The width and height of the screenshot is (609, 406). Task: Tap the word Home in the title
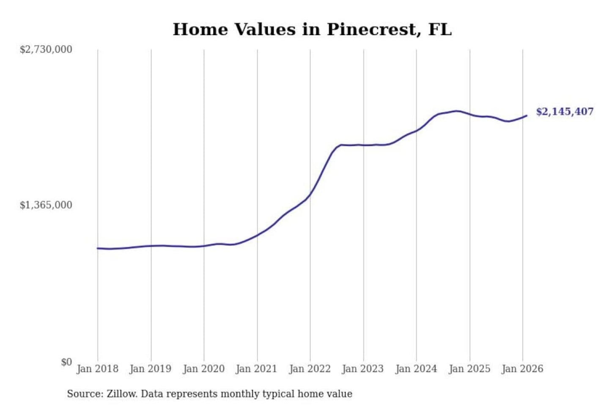200,30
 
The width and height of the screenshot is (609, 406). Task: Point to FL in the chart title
440,30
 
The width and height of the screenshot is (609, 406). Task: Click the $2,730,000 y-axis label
46,49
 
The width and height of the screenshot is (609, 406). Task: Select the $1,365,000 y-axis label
46,205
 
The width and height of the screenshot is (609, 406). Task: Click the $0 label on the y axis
66,362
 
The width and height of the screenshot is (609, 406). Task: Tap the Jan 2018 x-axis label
97,369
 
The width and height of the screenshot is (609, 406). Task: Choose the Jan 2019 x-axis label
150,369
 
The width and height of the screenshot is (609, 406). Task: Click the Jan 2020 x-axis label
203,369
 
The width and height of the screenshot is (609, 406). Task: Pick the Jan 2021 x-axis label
256,369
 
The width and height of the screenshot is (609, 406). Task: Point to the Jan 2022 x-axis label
310,369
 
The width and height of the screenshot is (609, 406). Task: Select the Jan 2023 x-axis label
362,369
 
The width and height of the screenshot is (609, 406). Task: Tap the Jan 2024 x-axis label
416,369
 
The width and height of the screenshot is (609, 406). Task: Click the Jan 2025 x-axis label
469,369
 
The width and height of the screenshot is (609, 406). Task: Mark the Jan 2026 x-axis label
522,369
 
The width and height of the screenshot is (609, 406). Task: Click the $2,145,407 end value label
565,112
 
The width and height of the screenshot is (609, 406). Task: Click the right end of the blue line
527,115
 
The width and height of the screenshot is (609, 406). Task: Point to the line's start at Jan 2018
98,248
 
